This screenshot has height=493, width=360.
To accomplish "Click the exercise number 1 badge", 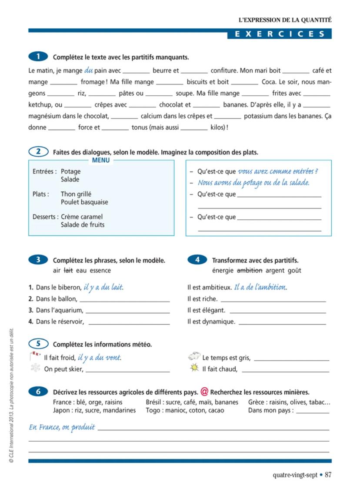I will tap(39, 57).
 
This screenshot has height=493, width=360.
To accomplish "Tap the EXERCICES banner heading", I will tap(280, 34).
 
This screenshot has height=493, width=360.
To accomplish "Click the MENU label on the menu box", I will tap(101, 160).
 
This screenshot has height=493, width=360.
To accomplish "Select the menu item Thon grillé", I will tap(76, 194).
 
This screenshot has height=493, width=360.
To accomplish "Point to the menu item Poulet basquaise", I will tap(84, 202).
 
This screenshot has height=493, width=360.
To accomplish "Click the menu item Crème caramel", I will tap(82, 217).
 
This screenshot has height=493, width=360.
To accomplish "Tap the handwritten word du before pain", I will tap(89, 70).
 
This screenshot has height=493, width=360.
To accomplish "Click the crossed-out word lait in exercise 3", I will tap(68, 270).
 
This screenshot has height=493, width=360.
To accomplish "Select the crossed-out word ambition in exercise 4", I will tap(250, 270).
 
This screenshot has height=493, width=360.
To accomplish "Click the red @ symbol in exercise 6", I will tap(204, 391).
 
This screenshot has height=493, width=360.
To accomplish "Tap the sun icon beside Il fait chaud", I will tap(194, 369).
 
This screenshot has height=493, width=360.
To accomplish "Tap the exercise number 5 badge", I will tap(39, 344).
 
